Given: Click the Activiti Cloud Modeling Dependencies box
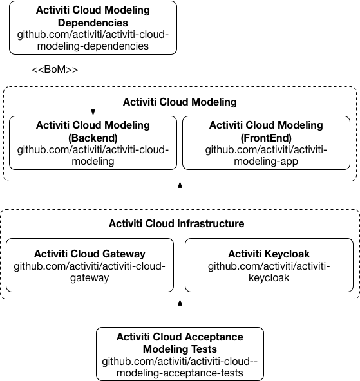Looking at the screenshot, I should [x=93, y=27].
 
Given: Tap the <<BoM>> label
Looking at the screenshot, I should [x=55, y=69].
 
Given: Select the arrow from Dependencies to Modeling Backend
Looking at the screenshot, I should [x=93, y=84].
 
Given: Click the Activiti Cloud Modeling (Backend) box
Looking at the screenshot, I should [x=93, y=143].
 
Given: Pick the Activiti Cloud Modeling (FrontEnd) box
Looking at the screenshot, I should [x=266, y=143].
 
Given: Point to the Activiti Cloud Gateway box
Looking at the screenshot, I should [x=90, y=265].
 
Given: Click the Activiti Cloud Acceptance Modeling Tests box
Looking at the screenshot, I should [x=180, y=354].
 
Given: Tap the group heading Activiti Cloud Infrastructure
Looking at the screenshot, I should [x=176, y=224].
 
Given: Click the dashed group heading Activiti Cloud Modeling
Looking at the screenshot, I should [x=180, y=102].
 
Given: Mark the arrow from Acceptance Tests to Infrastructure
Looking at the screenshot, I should [x=180, y=313].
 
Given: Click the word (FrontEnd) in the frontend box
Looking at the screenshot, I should [x=266, y=137].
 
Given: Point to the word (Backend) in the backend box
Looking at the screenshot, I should [x=93, y=137].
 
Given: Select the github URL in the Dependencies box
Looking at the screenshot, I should [x=93, y=40].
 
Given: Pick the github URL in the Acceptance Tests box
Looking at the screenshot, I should [x=180, y=367].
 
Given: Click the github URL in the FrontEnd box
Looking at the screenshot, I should [x=266, y=156].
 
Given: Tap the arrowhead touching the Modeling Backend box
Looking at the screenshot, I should [x=93, y=112].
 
